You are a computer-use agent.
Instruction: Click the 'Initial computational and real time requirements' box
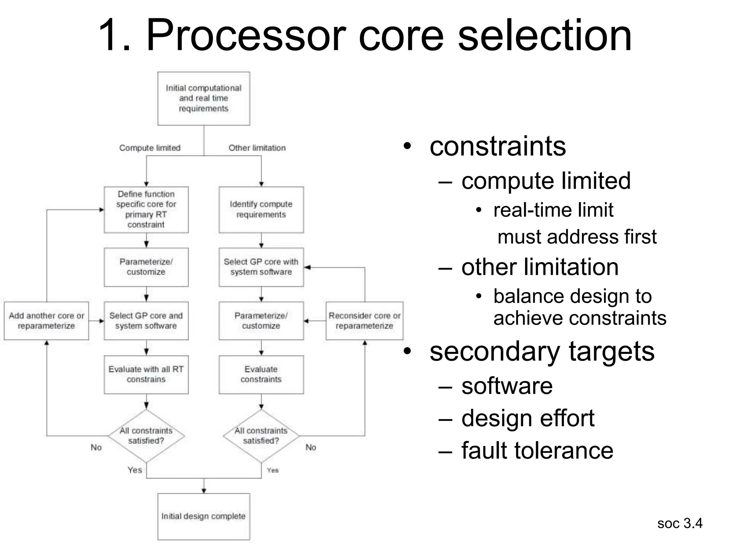[x=204, y=98]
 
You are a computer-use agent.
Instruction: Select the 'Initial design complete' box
[x=204, y=516]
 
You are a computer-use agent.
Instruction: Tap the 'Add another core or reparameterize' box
[x=46, y=321]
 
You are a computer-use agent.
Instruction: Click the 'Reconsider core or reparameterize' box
[x=364, y=321]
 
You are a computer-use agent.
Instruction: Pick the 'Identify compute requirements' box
[x=261, y=209]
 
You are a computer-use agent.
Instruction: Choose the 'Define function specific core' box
[x=146, y=209]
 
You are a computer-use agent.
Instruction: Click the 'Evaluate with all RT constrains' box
[x=146, y=374]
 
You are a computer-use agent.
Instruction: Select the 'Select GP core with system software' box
[x=261, y=267]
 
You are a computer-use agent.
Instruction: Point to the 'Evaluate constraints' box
[x=261, y=374]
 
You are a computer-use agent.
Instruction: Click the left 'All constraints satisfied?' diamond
[x=146, y=436]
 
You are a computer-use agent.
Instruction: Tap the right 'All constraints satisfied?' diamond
[x=261, y=436]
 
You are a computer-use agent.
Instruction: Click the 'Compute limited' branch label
[x=150, y=148]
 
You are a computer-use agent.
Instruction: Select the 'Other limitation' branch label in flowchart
[x=257, y=148]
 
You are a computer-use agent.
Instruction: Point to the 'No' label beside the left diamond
[x=96, y=447]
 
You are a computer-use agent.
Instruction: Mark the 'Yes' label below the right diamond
[x=273, y=470]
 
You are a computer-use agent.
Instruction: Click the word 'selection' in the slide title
[x=545, y=36]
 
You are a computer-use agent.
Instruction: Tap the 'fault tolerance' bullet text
[x=537, y=450]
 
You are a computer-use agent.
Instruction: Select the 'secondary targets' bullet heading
[x=542, y=351]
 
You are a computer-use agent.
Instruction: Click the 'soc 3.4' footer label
[x=680, y=523]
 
